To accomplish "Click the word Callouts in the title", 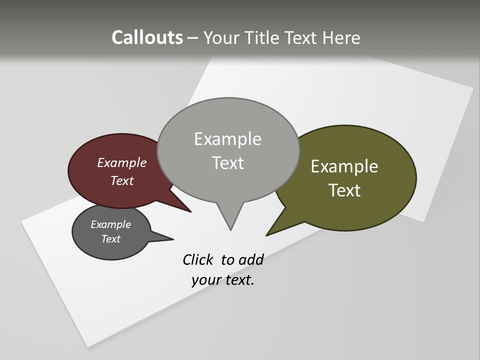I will click(x=147, y=37).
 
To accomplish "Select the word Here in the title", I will click(x=341, y=37).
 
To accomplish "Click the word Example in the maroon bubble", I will click(x=121, y=162).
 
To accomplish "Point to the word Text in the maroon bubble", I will click(x=121, y=180).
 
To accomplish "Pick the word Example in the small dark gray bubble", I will click(x=110, y=224).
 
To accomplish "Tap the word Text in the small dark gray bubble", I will click(x=110, y=239).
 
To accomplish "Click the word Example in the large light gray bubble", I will click(x=227, y=139).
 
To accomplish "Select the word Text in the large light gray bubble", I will click(x=227, y=163).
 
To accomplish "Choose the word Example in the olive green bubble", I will click(x=344, y=166).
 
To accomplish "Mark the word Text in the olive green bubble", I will click(x=344, y=190).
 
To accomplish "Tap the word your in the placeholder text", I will click(x=205, y=280).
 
